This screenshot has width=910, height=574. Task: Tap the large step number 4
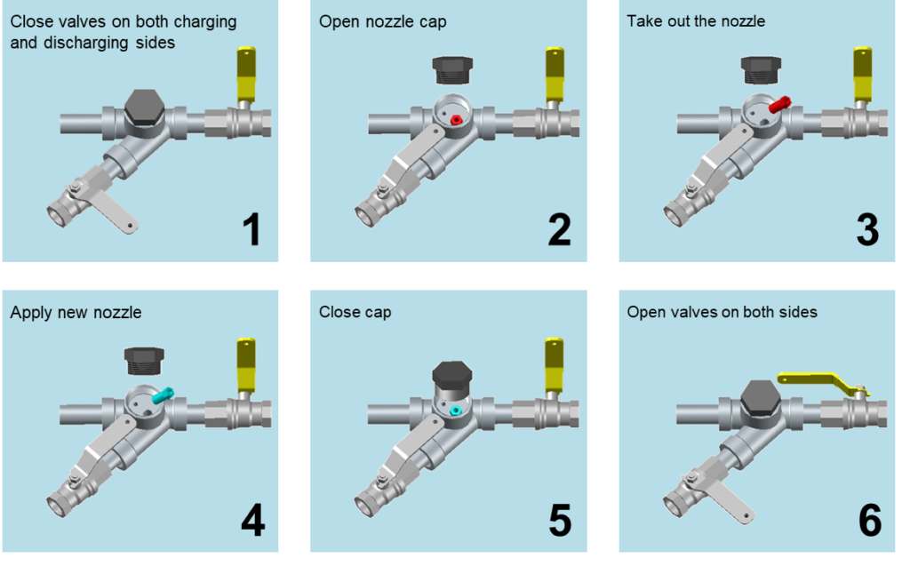pyautogui.click(x=252, y=520)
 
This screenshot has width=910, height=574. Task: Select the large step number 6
pyautogui.click(x=869, y=520)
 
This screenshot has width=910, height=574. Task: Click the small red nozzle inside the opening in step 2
pyautogui.click(x=456, y=119)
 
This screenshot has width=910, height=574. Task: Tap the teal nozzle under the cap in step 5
pyautogui.click(x=455, y=411)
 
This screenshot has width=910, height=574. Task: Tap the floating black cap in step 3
pyautogui.click(x=762, y=69)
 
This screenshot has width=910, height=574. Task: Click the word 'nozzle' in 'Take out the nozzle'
pyautogui.click(x=739, y=21)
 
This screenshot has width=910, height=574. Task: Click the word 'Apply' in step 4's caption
pyautogui.click(x=29, y=313)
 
